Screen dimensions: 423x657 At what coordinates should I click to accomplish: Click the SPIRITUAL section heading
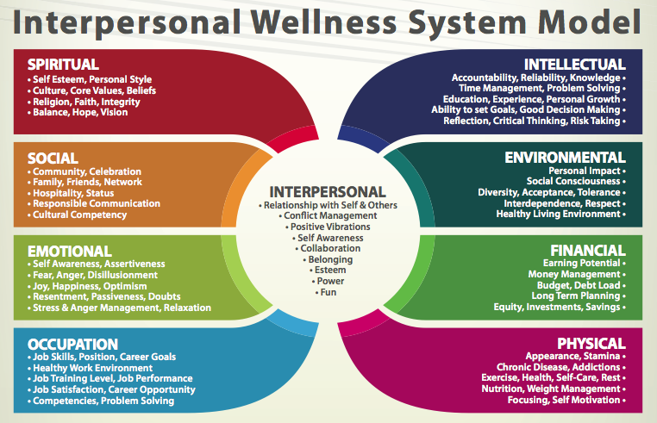click(63, 65)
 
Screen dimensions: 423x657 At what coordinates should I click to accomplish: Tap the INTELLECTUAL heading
click(575, 65)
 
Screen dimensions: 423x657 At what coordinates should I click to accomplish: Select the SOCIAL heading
click(53, 159)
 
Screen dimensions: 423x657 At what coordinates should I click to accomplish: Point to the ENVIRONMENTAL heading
click(566, 158)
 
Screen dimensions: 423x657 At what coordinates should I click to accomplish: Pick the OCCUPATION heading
click(72, 344)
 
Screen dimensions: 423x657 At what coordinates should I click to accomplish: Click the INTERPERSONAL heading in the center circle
click(328, 191)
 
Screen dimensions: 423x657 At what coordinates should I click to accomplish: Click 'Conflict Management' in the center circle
click(328, 215)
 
